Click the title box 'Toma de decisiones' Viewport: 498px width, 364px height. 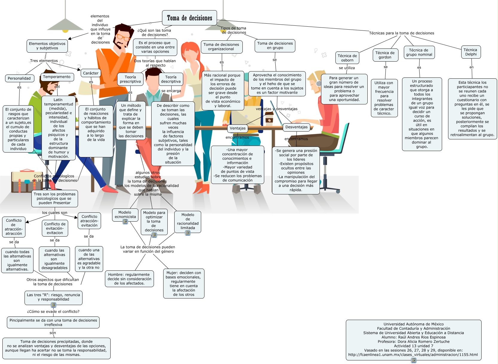pyautogui.click(x=190, y=18)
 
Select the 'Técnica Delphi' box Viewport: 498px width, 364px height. pyautogui.click(x=470, y=52)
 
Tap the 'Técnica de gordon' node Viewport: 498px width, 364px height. pyautogui.click(x=385, y=55)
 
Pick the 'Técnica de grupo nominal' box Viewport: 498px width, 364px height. pyautogui.click(x=419, y=52)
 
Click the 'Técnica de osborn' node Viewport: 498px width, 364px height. pyautogui.click(x=347, y=58)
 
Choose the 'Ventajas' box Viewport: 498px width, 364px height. pyautogui.click(x=238, y=128)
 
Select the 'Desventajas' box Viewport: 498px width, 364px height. pyautogui.click(x=296, y=127)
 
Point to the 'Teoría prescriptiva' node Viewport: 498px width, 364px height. pyautogui.click(x=130, y=79)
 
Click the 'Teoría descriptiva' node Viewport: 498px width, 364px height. pyautogui.click(x=171, y=79)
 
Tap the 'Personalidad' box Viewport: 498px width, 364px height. pyautogui.click(x=19, y=78)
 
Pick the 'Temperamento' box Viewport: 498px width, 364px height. pyautogui.click(x=56, y=77)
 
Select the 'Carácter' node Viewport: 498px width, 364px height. pyautogui.click(x=91, y=73)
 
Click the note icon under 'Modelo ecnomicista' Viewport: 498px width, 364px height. pyautogui.click(x=126, y=222)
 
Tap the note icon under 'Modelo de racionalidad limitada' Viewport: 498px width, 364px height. pyautogui.click(x=188, y=233)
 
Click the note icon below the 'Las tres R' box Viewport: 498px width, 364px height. pyautogui.click(x=54, y=305)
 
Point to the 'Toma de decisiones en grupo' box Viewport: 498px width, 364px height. pyautogui.click(x=275, y=45)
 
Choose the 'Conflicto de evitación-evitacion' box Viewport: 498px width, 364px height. pyautogui.click(x=55, y=228)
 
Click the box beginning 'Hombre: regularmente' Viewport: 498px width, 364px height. pyautogui.click(x=129, y=279)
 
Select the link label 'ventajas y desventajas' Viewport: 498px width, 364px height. pyautogui.click(x=277, y=109)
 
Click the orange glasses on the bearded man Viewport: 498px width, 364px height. pyautogui.click(x=123, y=37)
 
